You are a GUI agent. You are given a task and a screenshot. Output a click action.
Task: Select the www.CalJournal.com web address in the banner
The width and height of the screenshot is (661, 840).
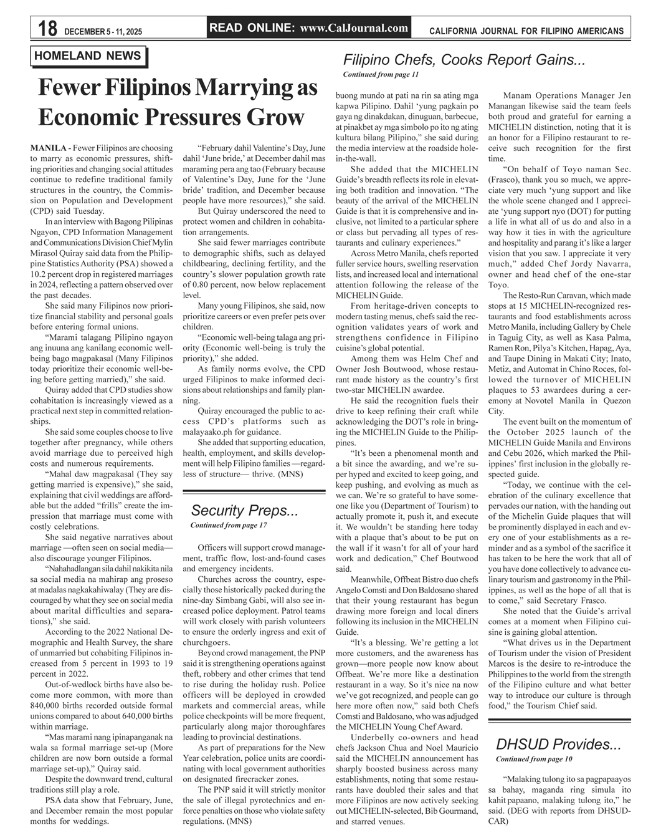(354, 27)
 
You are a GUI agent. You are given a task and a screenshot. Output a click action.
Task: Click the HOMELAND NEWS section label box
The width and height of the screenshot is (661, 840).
(88, 56)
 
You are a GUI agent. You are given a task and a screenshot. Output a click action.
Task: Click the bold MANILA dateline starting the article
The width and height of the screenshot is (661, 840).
(49, 148)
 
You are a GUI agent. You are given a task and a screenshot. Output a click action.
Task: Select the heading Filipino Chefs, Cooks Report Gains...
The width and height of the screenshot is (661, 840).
(464, 60)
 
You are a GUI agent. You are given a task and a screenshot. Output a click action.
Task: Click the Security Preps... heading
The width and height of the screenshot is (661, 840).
(244, 511)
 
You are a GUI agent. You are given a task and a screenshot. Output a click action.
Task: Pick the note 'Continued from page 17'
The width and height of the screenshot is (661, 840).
(228, 526)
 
